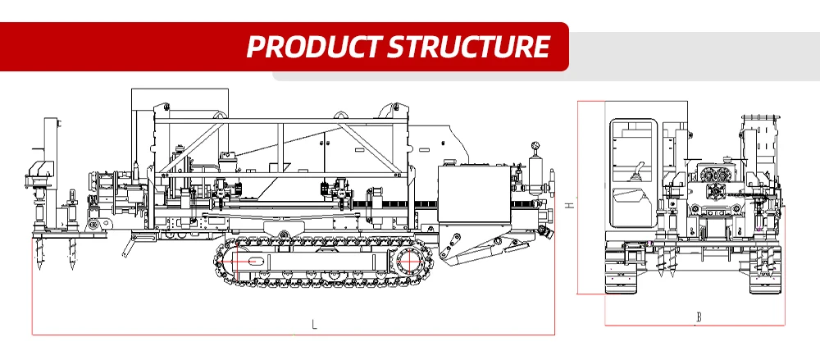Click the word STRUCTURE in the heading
click(x=468, y=46)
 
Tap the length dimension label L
click(x=314, y=324)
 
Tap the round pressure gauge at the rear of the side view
click(x=535, y=148)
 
